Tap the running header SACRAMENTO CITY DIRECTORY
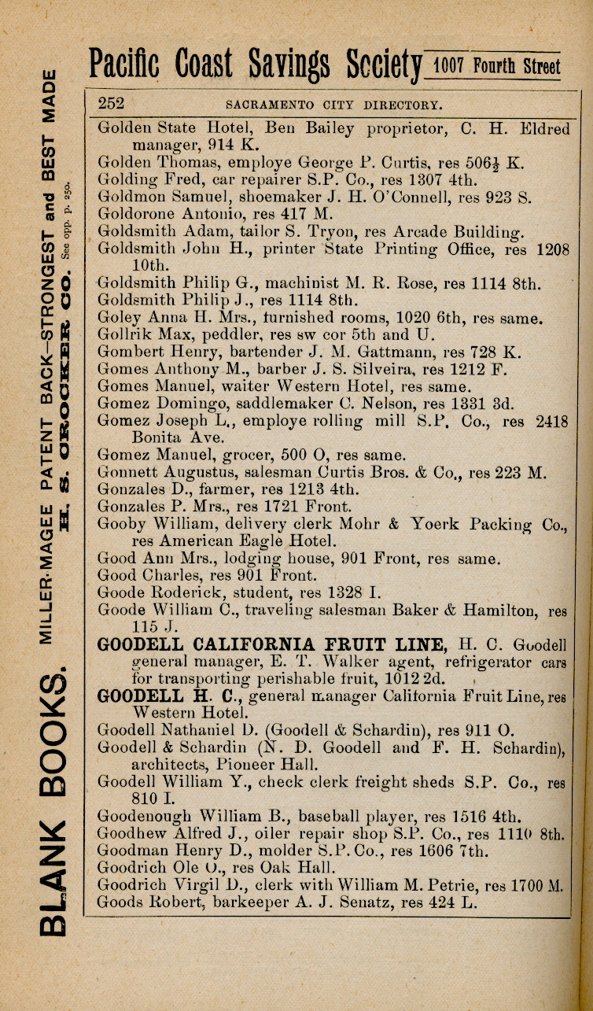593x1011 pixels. pyautogui.click(x=333, y=105)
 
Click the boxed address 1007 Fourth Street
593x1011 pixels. pyautogui.click(x=497, y=65)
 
